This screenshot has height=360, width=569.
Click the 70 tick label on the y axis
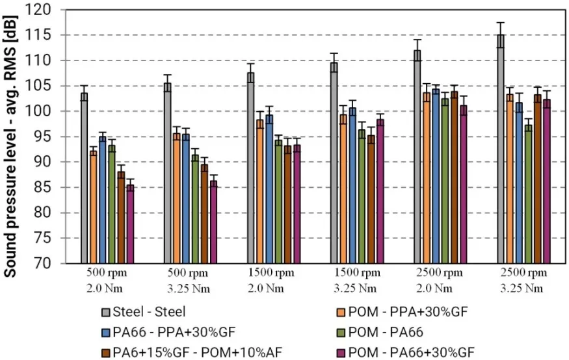coord(53,263)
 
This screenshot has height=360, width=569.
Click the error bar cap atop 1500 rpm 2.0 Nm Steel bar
coord(250,64)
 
